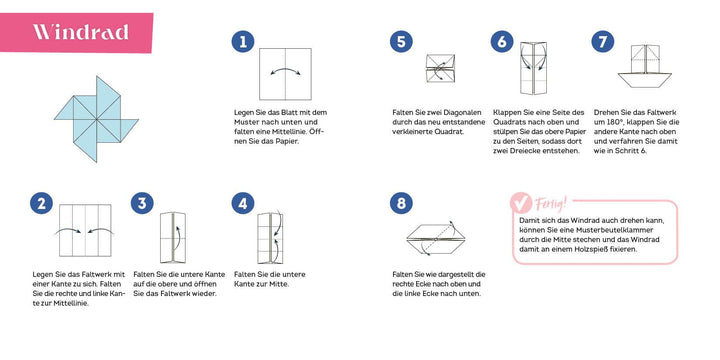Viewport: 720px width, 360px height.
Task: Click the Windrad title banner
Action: click(x=80, y=32)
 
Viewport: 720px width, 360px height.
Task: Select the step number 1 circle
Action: click(x=241, y=42)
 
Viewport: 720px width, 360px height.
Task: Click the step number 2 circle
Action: click(x=41, y=204)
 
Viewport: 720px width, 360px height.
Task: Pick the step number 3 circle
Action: click(x=142, y=204)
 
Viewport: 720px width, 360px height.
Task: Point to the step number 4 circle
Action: click(x=243, y=204)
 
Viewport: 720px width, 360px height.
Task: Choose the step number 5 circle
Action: click(x=401, y=42)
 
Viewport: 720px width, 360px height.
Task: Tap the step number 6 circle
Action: click(x=502, y=42)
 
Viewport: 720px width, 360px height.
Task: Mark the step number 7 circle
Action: click(x=602, y=42)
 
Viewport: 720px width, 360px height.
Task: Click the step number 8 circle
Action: click(x=401, y=204)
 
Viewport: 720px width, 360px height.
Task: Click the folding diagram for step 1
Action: click(x=289, y=75)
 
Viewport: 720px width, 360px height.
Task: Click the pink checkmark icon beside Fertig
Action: click(x=522, y=206)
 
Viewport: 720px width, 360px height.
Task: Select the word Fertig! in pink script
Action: click(x=552, y=204)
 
